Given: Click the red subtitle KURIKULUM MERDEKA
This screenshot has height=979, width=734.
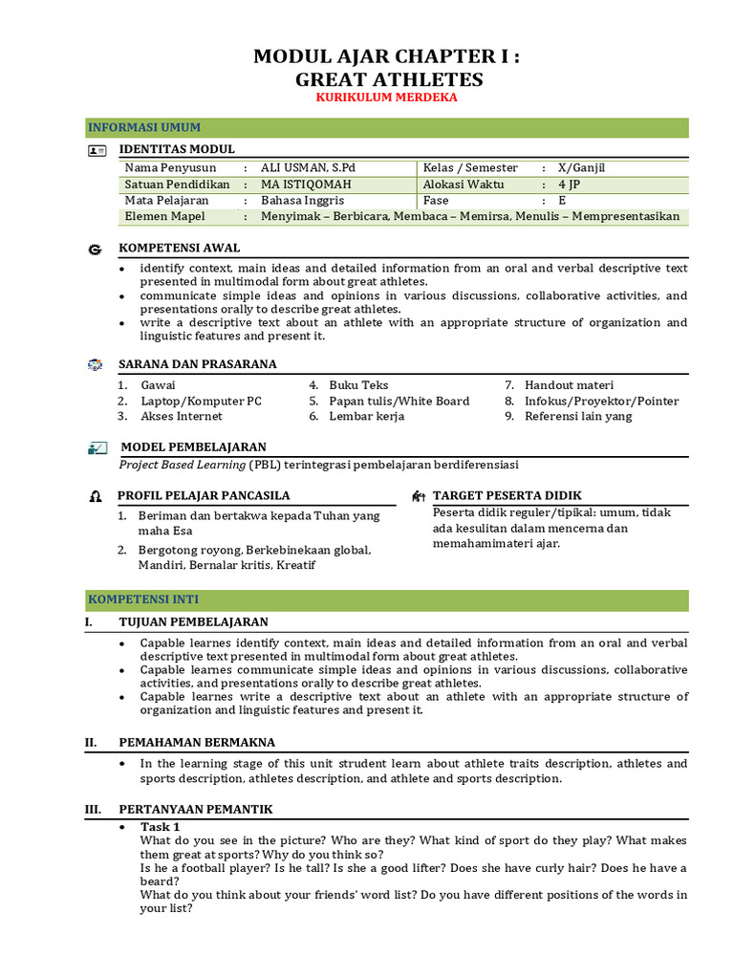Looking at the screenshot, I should pyautogui.click(x=387, y=98).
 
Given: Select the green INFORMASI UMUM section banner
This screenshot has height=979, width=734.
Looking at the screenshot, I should pyautogui.click(x=386, y=128).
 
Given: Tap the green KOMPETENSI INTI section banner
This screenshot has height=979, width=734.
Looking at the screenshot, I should pyautogui.click(x=386, y=600).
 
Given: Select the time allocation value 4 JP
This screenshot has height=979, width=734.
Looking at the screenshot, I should pyautogui.click(x=568, y=185).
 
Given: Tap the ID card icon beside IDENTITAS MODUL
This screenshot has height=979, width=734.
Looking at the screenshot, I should pyautogui.click(x=97, y=150).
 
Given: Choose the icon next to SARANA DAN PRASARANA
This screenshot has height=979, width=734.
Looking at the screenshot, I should pyautogui.click(x=95, y=365).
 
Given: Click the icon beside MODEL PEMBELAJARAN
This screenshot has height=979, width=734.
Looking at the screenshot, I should pyautogui.click(x=97, y=447).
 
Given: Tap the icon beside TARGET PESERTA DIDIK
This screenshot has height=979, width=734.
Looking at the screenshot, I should pyautogui.click(x=418, y=496).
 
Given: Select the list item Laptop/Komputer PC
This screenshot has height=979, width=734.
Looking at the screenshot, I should pyautogui.click(x=201, y=401).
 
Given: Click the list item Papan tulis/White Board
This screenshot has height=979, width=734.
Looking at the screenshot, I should pyautogui.click(x=399, y=401).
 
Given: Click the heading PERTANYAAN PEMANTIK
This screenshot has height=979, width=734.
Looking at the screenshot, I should pyautogui.click(x=195, y=810).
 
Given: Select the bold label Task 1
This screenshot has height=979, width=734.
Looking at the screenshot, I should pyautogui.click(x=160, y=827).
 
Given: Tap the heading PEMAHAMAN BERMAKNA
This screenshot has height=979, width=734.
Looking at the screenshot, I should pyautogui.click(x=196, y=742).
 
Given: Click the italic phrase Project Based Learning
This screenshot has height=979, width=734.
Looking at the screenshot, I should pyautogui.click(x=182, y=465).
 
